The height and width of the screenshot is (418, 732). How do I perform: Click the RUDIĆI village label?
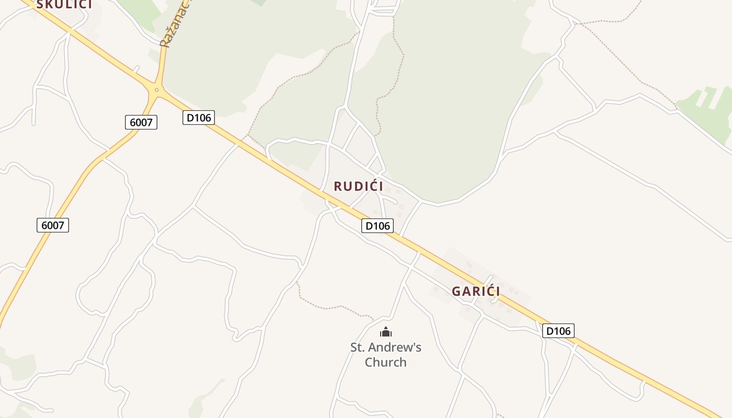click(358, 186)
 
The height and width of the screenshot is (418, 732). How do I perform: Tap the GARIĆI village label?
click(476, 291)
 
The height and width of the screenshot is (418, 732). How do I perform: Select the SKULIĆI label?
click(64, 4)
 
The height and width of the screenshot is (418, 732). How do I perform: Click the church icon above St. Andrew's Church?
click(386, 332)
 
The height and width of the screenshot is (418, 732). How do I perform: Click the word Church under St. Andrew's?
click(385, 362)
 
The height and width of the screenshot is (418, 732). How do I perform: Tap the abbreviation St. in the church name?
click(358, 347)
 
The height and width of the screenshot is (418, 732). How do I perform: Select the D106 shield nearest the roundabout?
click(199, 118)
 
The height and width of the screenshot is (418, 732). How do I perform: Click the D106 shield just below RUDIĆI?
click(378, 226)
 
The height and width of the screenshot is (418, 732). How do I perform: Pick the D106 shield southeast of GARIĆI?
click(558, 331)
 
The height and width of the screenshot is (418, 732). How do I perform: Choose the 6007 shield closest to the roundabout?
click(141, 122)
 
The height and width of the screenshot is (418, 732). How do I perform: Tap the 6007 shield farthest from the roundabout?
click(53, 225)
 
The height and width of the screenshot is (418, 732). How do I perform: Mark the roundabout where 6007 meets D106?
click(156, 90)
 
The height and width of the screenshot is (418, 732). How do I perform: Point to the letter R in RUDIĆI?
click(338, 186)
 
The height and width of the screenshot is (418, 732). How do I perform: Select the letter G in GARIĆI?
click(456, 291)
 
